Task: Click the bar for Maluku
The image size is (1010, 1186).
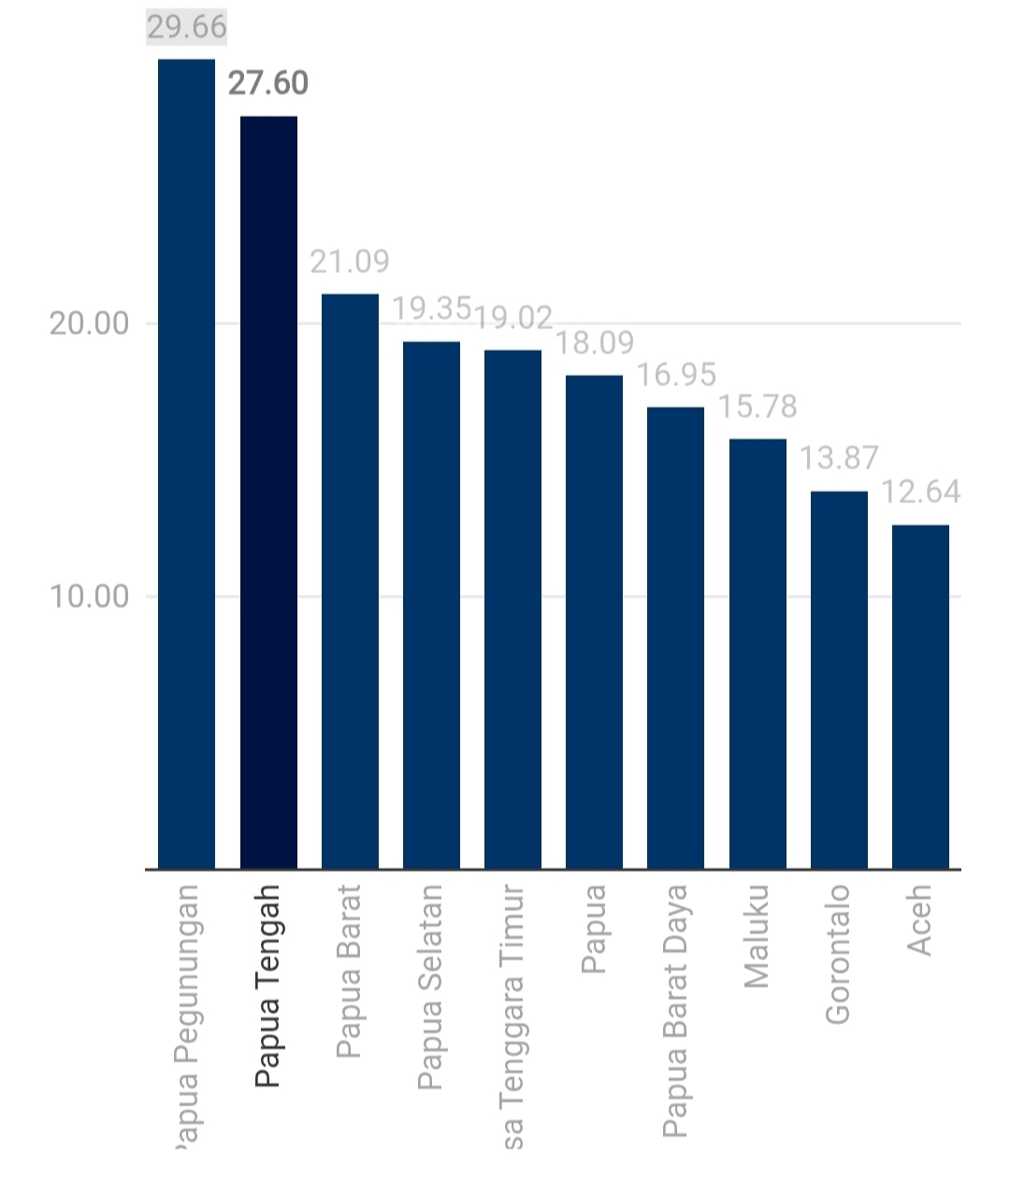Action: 757,654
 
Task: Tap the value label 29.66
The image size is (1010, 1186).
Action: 187,26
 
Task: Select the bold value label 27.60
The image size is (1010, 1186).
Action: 268,83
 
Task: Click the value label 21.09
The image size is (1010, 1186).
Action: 350,261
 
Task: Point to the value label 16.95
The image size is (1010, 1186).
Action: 676,374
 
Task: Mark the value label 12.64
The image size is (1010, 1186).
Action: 921,491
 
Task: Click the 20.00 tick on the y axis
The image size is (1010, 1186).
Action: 89,324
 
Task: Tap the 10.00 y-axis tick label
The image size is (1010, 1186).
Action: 89,596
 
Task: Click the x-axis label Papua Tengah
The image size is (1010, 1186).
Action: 268,986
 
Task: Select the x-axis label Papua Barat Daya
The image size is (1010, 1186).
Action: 675,1010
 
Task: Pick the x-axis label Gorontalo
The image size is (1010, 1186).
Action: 838,953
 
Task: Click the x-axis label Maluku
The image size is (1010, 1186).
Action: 757,935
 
